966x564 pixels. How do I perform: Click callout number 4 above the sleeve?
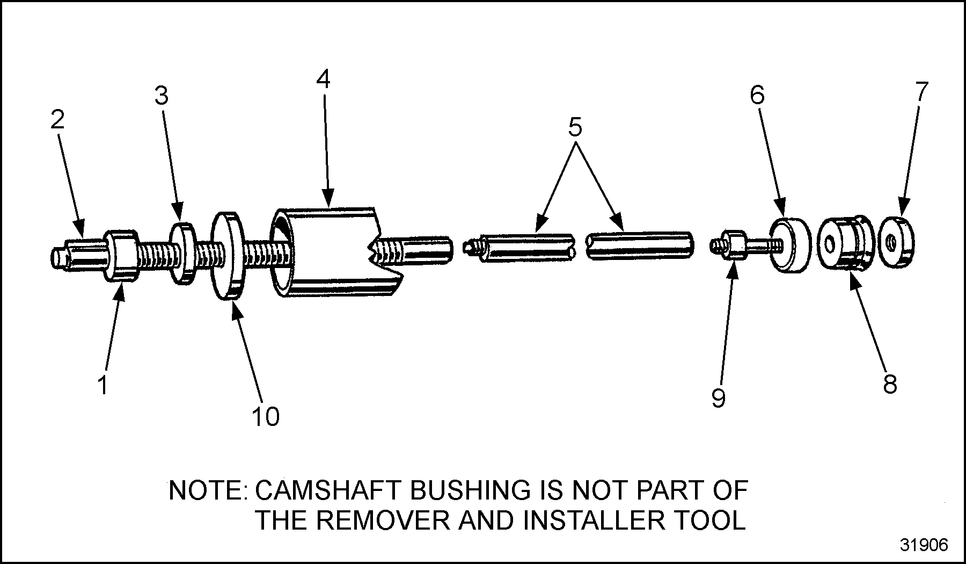point(323,79)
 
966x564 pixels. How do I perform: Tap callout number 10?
point(265,416)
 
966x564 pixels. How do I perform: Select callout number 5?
point(574,128)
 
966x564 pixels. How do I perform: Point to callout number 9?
point(718,398)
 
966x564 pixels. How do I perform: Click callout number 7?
point(921,91)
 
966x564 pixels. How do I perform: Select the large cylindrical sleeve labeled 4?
point(333,252)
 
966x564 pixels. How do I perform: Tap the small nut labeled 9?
point(732,245)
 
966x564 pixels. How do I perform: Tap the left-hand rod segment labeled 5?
point(526,247)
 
